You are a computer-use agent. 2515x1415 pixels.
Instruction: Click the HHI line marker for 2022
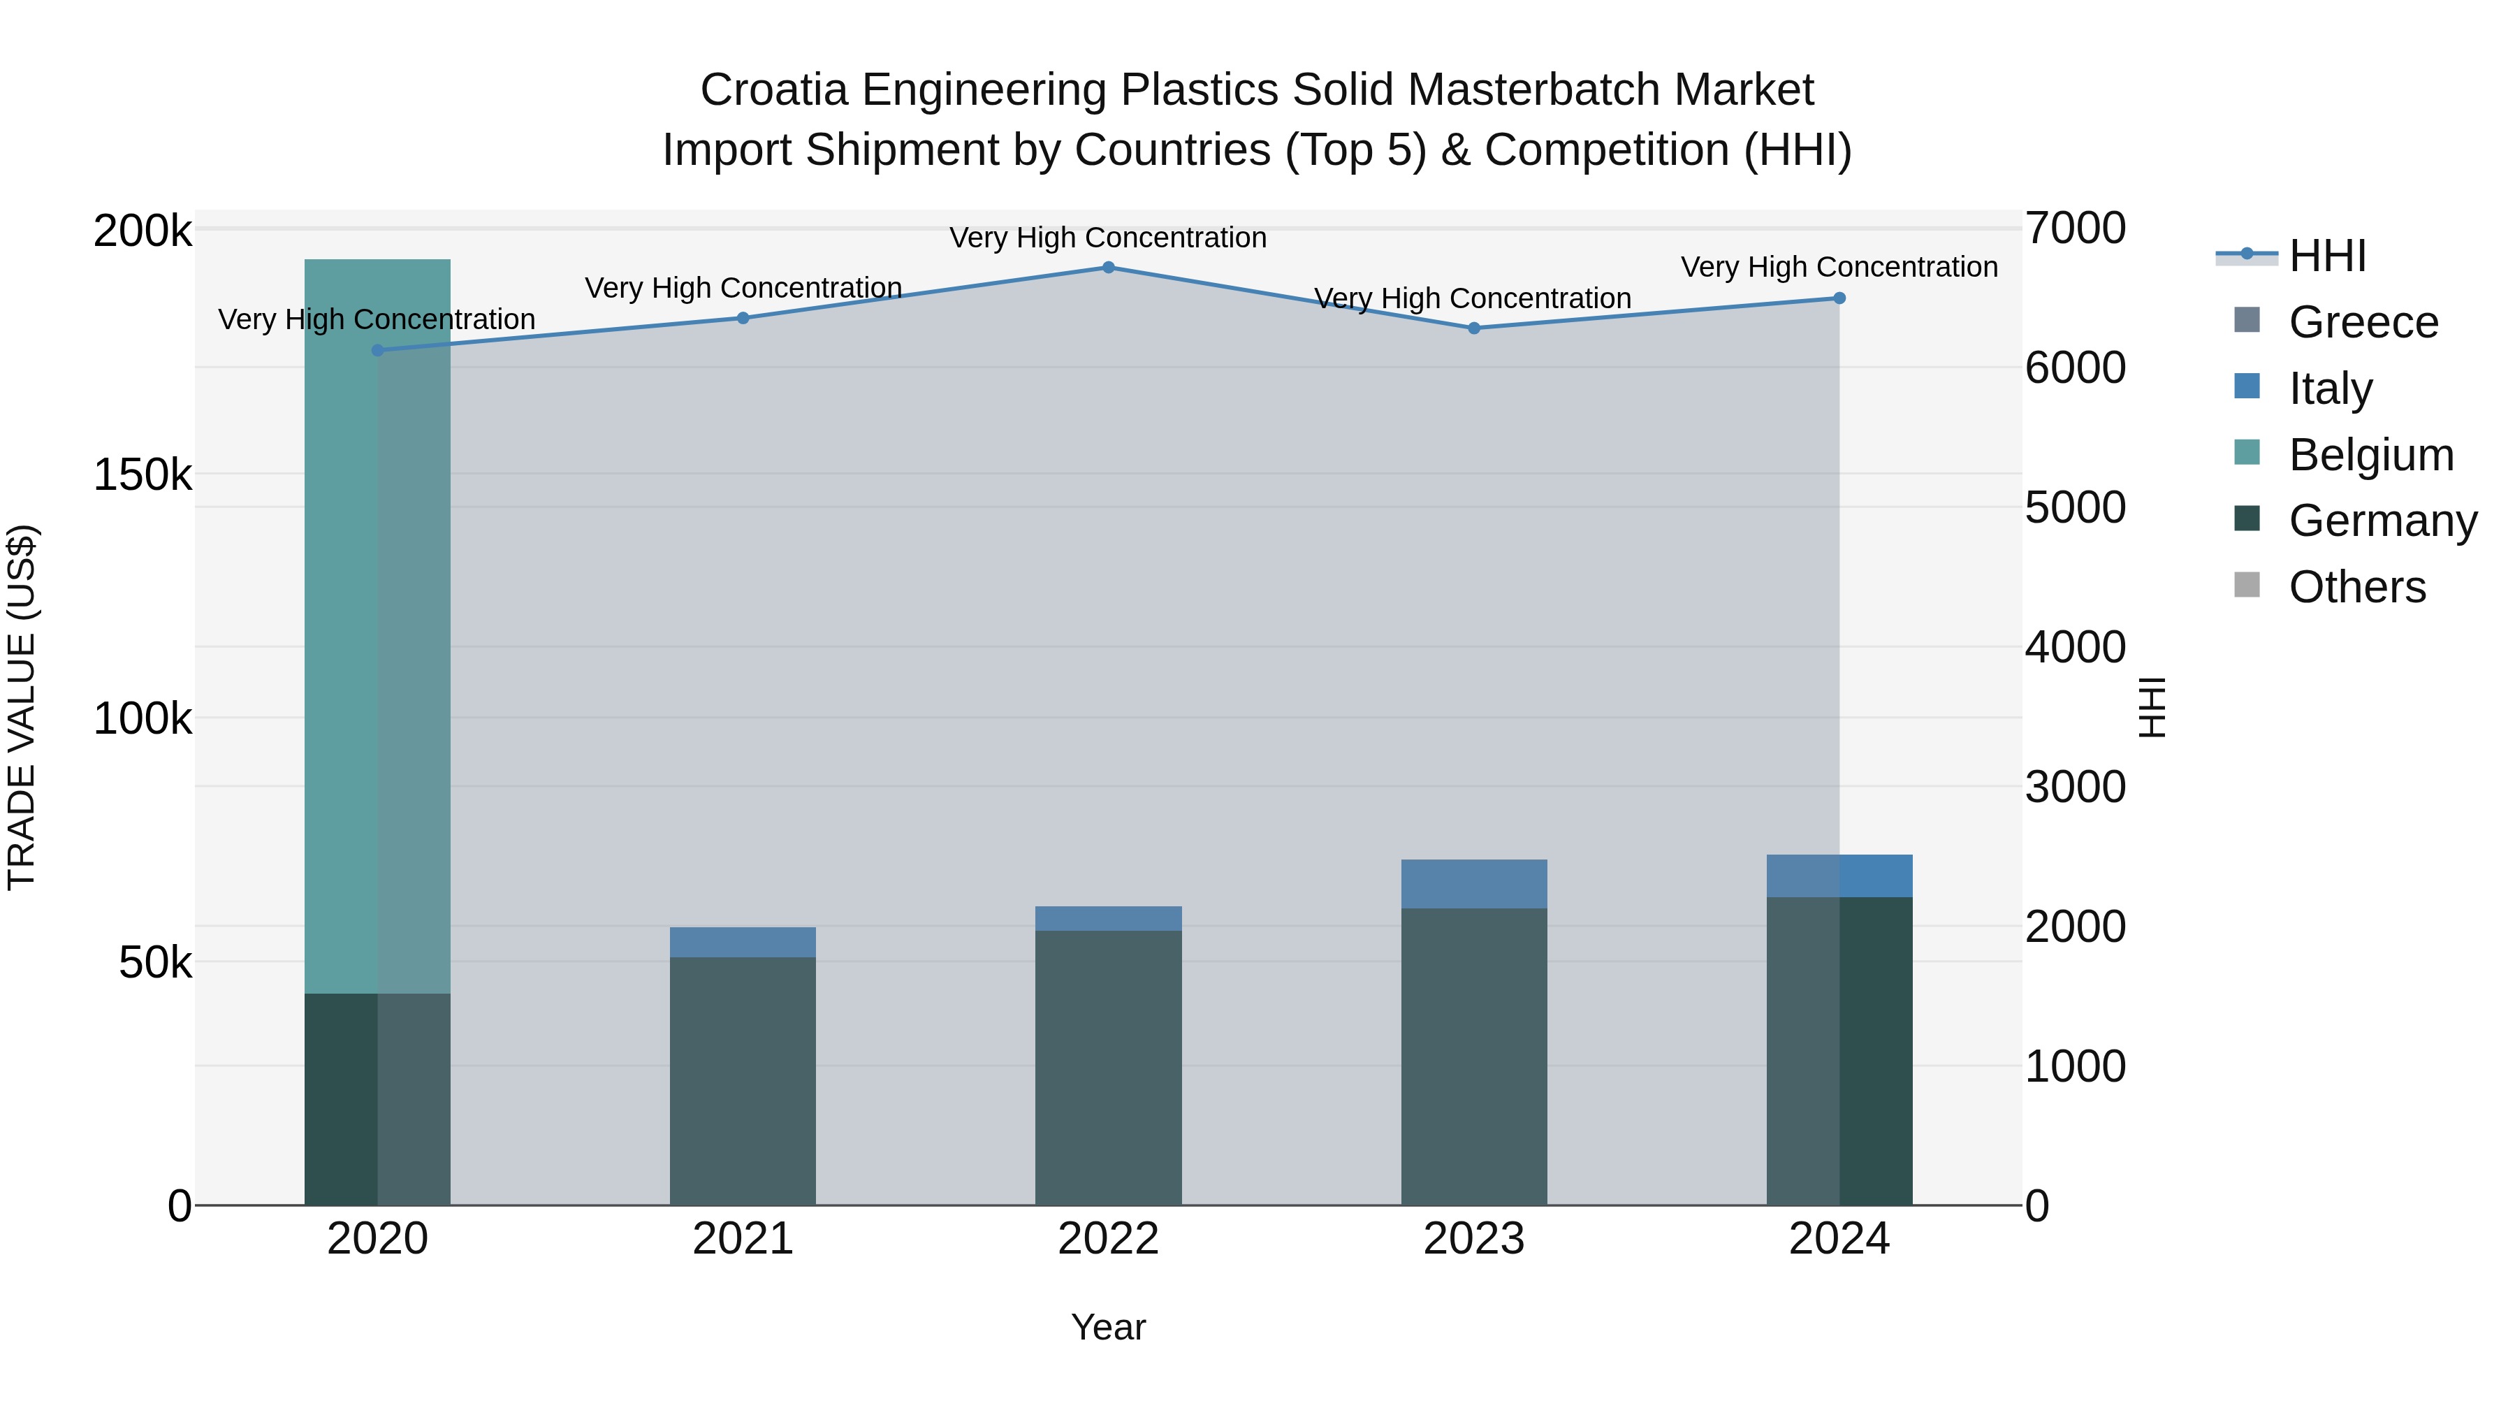(1108, 268)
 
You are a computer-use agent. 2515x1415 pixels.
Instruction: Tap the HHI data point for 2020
(378, 351)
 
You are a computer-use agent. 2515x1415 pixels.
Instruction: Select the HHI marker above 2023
(1474, 329)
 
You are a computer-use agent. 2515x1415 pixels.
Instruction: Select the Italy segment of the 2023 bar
(1474, 884)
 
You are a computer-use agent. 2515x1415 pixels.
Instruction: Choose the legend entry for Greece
(2363, 322)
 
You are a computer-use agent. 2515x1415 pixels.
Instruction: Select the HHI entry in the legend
(2326, 256)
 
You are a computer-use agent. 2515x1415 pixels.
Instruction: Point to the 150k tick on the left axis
(143, 476)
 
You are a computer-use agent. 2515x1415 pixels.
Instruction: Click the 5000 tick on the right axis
(2075, 508)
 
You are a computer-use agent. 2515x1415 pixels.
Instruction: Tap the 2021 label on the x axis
(743, 1239)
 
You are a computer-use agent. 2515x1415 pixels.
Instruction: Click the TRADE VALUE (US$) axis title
(22, 707)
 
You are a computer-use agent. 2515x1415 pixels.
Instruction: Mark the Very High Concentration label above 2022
(1108, 238)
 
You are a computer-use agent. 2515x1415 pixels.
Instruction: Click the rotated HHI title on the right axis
(2152, 707)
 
